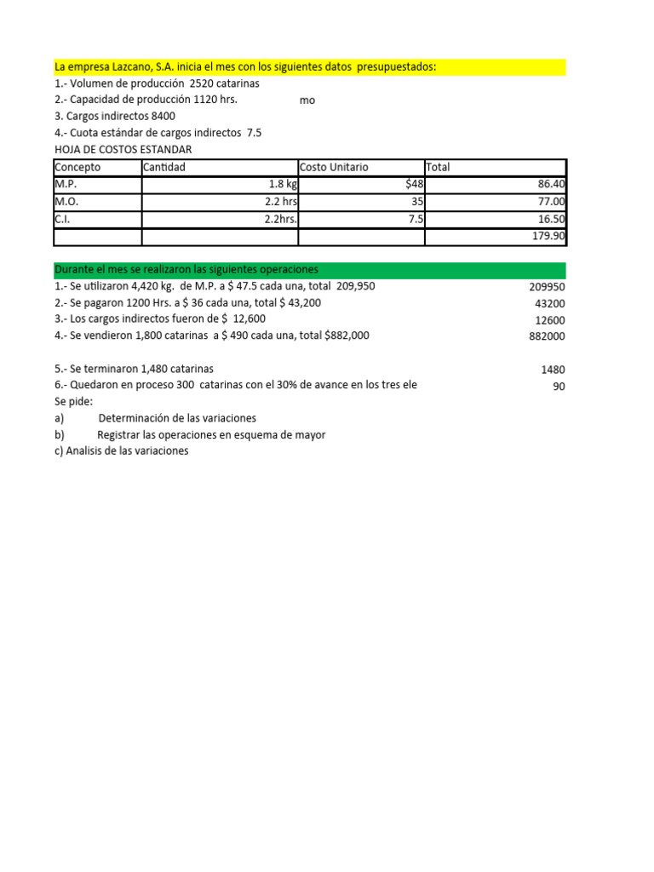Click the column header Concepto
pos(77,168)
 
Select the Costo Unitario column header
pos(334,168)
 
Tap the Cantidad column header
pos(164,168)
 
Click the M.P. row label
pos(66,184)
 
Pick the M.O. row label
pos(66,202)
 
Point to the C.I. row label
pos(63,219)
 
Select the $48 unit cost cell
pos(415,184)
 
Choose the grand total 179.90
pos(546,236)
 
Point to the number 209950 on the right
pos(546,287)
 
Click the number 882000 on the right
pos(546,336)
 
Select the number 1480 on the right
pos(552,370)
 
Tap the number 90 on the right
pos(559,387)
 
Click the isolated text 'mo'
pos(307,100)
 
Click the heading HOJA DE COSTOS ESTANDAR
pos(123,150)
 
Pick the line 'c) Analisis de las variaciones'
pos(121,451)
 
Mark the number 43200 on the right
pos(549,304)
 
